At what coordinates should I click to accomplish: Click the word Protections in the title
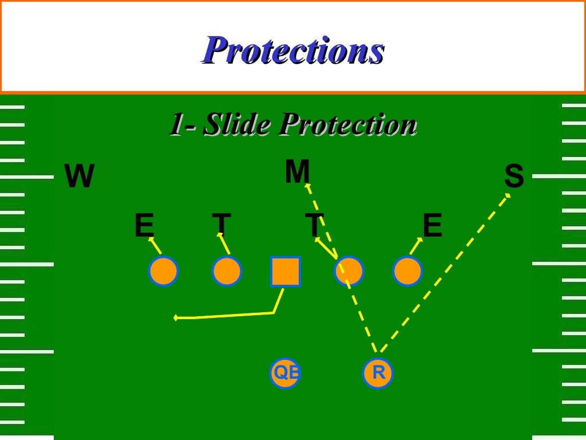point(293,50)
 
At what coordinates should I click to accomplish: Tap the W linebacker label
point(79,176)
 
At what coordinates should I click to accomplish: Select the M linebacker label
point(297,171)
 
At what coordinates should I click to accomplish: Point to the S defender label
point(514,176)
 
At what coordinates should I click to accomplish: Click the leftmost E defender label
point(144,226)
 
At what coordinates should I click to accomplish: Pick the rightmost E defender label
point(432,226)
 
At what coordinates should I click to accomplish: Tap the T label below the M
point(314,226)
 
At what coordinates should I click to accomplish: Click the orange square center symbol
point(285,271)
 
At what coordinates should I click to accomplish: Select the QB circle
point(285,373)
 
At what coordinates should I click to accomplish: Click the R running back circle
point(378,373)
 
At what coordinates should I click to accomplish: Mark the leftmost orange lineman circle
point(163,271)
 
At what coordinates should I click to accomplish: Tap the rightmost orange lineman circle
point(407,271)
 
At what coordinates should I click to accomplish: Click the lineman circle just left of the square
point(227,271)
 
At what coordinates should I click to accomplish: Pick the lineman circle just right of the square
point(349,271)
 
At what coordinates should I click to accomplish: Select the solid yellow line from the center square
point(229,316)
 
